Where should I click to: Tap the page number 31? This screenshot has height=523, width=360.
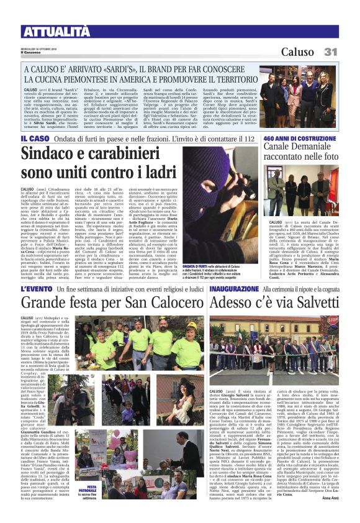pos(330,52)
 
